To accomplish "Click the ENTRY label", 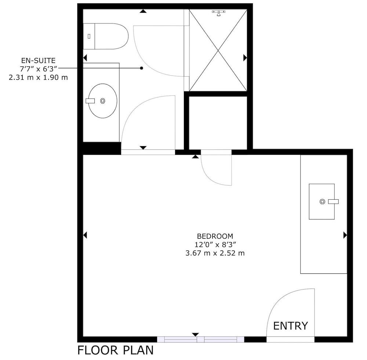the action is tap(290, 326).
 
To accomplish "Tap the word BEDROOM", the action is tap(215, 236).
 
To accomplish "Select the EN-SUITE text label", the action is tap(39, 61).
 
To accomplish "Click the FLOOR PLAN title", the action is tap(115, 350).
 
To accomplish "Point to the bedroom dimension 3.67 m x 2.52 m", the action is tap(215, 253).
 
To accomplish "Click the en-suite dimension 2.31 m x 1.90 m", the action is tap(39, 77).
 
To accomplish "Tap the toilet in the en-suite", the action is tap(106, 36).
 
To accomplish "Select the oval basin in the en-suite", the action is tap(102, 101).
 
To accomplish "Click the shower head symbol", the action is tap(218, 13).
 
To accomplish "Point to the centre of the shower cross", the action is tap(218, 50).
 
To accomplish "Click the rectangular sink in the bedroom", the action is tap(321, 201).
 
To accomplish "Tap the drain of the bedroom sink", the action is tap(322, 201).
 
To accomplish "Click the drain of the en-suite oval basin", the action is tap(102, 101).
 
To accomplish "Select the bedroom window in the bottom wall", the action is tap(200, 339).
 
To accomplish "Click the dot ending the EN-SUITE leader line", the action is tap(141, 68).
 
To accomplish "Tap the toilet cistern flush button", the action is tap(89, 36).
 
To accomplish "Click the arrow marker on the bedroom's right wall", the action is tap(345, 235).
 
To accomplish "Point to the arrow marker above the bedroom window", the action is tap(195, 334).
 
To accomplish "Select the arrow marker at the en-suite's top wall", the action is tap(143, 11).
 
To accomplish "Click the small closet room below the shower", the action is tap(218, 123).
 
